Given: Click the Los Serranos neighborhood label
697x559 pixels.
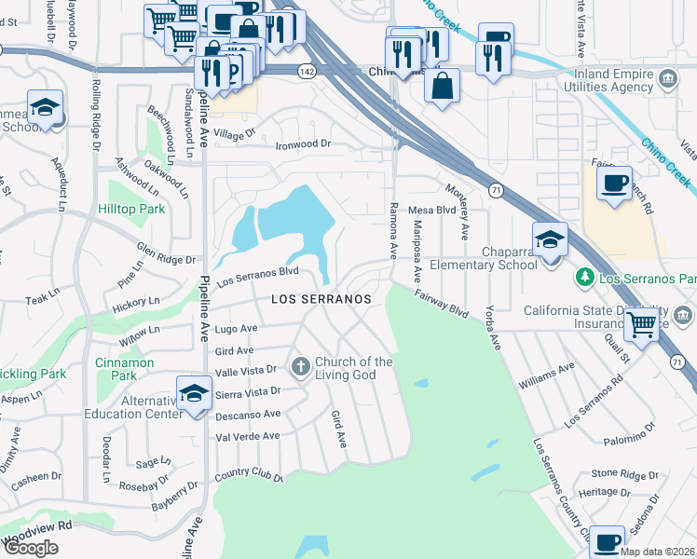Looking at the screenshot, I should point(321,299).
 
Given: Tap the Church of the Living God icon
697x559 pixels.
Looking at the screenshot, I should point(300,366).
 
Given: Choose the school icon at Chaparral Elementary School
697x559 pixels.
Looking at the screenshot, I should point(550,241).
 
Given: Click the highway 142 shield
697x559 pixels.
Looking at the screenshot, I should point(306,71).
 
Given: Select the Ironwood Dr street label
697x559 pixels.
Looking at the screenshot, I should point(302,144).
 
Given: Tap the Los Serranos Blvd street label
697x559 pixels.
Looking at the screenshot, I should point(257,276).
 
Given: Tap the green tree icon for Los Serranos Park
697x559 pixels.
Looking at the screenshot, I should point(584,277).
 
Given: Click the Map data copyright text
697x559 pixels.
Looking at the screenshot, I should point(657,552).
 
